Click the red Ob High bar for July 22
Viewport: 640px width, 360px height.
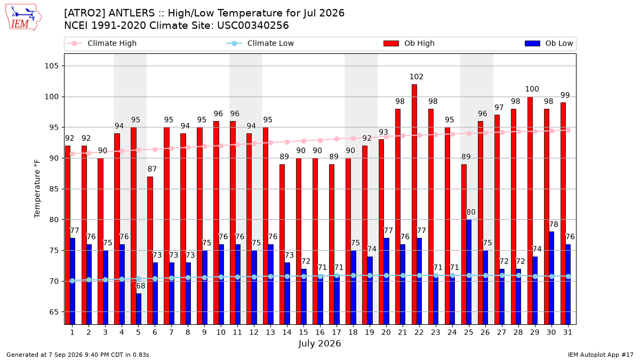(x=414, y=204)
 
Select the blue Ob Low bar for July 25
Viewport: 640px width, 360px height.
(x=469, y=272)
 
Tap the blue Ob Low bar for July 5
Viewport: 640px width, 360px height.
(x=139, y=309)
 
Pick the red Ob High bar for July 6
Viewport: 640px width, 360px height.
(x=150, y=251)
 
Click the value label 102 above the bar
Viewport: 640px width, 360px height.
(x=417, y=77)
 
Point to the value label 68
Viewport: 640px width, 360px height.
(x=141, y=286)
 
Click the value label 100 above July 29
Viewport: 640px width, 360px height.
(x=532, y=89)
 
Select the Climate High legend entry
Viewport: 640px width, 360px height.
(x=101, y=43)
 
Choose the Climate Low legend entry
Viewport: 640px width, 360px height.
(x=260, y=43)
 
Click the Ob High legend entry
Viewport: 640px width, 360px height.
(x=409, y=43)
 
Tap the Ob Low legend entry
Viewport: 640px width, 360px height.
(x=549, y=43)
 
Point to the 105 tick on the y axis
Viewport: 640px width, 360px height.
(x=51, y=66)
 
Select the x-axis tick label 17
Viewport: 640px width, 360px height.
(x=337, y=332)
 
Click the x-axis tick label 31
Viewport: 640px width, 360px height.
(x=567, y=332)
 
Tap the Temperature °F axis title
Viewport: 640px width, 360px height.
(x=37, y=189)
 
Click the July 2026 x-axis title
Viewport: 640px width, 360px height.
(x=319, y=343)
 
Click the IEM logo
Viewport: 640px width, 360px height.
(x=23, y=18)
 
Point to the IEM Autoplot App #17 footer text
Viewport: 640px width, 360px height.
(x=601, y=355)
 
